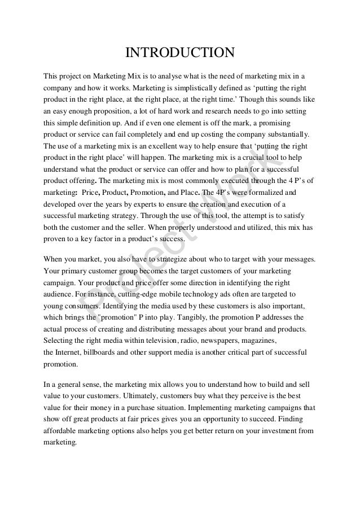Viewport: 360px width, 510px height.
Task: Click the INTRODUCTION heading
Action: point(179,54)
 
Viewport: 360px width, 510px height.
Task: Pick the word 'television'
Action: point(154,341)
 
